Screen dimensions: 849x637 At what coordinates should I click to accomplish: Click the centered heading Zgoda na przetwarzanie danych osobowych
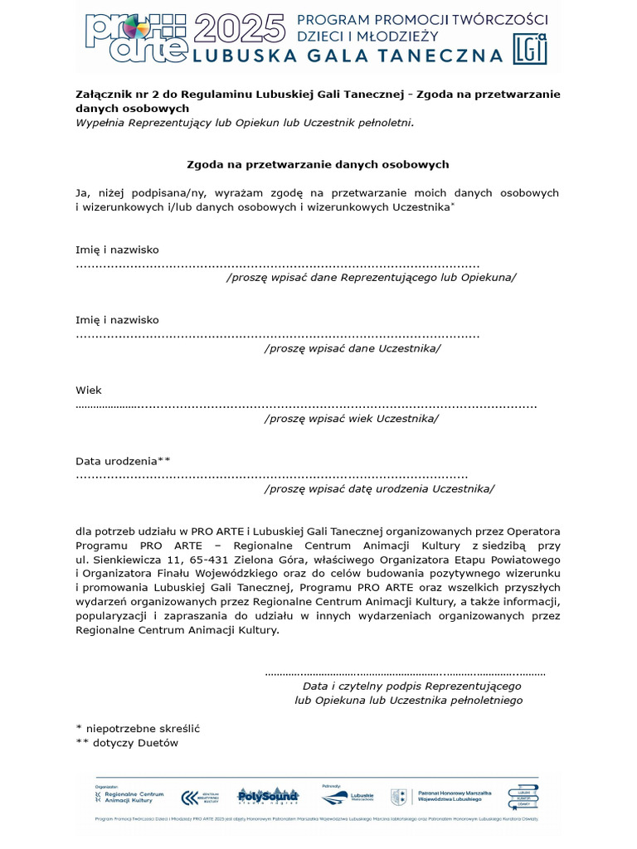pos(318,165)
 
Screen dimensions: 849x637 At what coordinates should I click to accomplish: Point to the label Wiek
pos(89,390)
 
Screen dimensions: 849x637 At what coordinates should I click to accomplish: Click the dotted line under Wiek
pos(306,406)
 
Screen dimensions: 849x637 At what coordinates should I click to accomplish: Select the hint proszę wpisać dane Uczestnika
pos(353,347)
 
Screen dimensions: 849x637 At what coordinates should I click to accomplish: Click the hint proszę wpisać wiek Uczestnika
pos(352,418)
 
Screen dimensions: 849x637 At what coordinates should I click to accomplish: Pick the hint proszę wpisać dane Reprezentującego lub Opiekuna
pos(371,277)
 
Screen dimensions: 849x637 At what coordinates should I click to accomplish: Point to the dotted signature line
pos(405,673)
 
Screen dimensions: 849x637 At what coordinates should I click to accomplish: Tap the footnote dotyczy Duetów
pos(127,743)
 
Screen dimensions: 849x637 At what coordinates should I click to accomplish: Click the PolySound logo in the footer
pos(268,796)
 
